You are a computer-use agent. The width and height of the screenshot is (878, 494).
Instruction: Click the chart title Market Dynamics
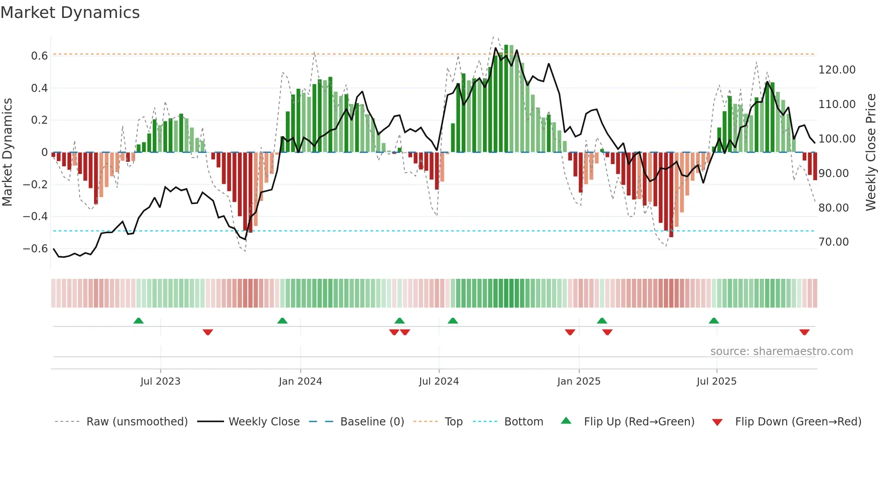click(x=70, y=13)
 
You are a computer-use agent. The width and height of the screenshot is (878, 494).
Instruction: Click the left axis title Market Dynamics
click(x=7, y=152)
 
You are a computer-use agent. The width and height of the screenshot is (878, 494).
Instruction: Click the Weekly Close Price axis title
click(x=870, y=152)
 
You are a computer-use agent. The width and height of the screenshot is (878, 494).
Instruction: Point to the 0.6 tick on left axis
click(x=39, y=56)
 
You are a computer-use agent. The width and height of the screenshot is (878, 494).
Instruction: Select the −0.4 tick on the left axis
click(x=35, y=217)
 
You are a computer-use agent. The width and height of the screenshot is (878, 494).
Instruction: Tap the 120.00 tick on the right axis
click(x=836, y=70)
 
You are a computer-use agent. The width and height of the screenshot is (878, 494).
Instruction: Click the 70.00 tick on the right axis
click(x=833, y=242)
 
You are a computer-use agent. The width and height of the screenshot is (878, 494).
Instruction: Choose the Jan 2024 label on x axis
click(x=300, y=381)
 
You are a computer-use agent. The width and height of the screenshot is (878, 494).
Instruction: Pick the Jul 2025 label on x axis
click(x=716, y=381)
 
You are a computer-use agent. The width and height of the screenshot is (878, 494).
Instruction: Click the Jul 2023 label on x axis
click(x=160, y=381)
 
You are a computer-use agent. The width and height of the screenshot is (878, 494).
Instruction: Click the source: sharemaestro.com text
click(x=781, y=351)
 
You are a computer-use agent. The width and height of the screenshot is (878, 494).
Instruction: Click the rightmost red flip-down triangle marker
click(x=804, y=332)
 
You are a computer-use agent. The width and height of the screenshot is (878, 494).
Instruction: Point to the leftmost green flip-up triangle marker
click(x=138, y=321)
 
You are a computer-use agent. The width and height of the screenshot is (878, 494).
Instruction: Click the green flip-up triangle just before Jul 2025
click(x=714, y=321)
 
